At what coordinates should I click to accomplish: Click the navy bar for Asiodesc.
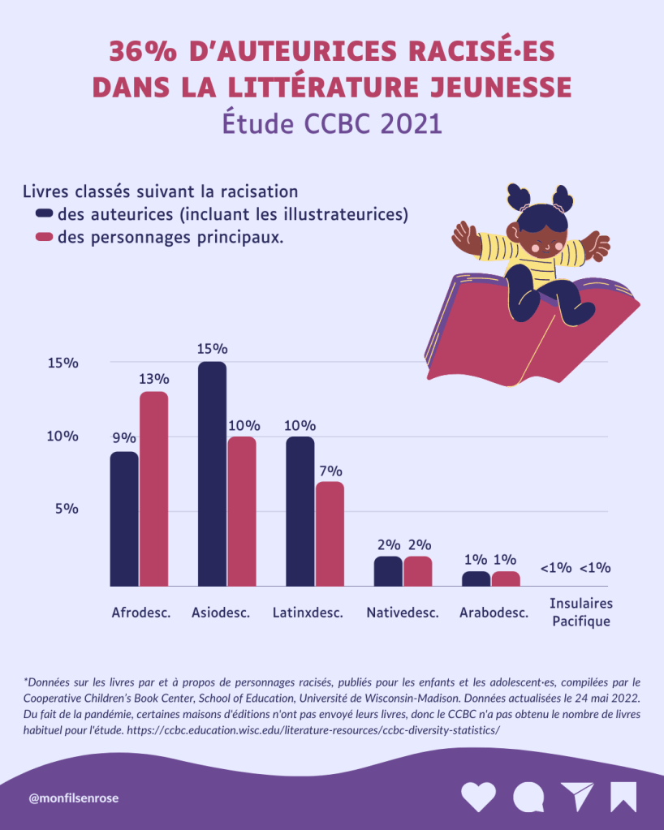[x=212, y=474]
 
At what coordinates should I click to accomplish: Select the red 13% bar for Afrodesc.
[x=153, y=488]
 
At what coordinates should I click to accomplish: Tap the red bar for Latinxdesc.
[x=330, y=534]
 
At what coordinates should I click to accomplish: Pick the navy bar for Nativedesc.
[x=388, y=571]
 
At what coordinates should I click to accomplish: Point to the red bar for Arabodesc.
[x=505, y=578]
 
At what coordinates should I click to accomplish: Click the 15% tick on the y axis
[x=63, y=363]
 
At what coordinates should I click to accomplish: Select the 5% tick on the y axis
[x=66, y=509]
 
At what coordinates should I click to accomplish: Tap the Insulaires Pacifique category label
[x=580, y=613]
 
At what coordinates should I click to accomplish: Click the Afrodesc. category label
[x=140, y=613]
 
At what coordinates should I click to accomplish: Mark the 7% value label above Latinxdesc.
[x=330, y=471]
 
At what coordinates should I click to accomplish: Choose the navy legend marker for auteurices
[x=44, y=214]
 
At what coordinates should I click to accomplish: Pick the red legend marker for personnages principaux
[x=44, y=238]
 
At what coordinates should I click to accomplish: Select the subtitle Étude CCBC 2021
[x=332, y=123]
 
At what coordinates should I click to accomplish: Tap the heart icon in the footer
[x=478, y=797]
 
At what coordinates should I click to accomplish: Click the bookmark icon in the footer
[x=623, y=797]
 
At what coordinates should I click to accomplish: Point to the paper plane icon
[x=577, y=797]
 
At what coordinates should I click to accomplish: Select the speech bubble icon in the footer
[x=528, y=797]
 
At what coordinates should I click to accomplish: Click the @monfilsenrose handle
[x=74, y=798]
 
